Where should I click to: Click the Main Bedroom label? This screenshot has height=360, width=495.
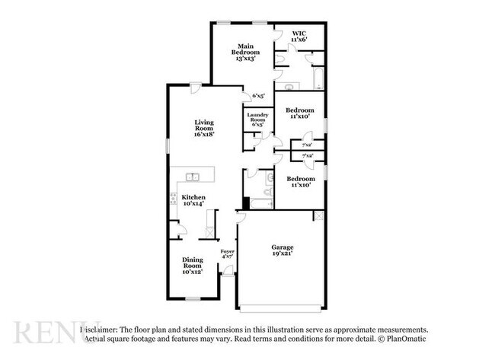click(246, 53)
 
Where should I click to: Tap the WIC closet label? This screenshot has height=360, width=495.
click(299, 36)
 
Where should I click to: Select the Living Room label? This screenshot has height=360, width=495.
click(203, 128)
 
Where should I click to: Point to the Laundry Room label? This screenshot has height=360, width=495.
click(256, 119)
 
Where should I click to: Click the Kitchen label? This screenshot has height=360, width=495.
click(192, 201)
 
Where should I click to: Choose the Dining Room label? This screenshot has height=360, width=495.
click(192, 265)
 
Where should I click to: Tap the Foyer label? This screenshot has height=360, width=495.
click(227, 254)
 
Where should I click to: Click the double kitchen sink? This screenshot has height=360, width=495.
click(192, 178)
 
